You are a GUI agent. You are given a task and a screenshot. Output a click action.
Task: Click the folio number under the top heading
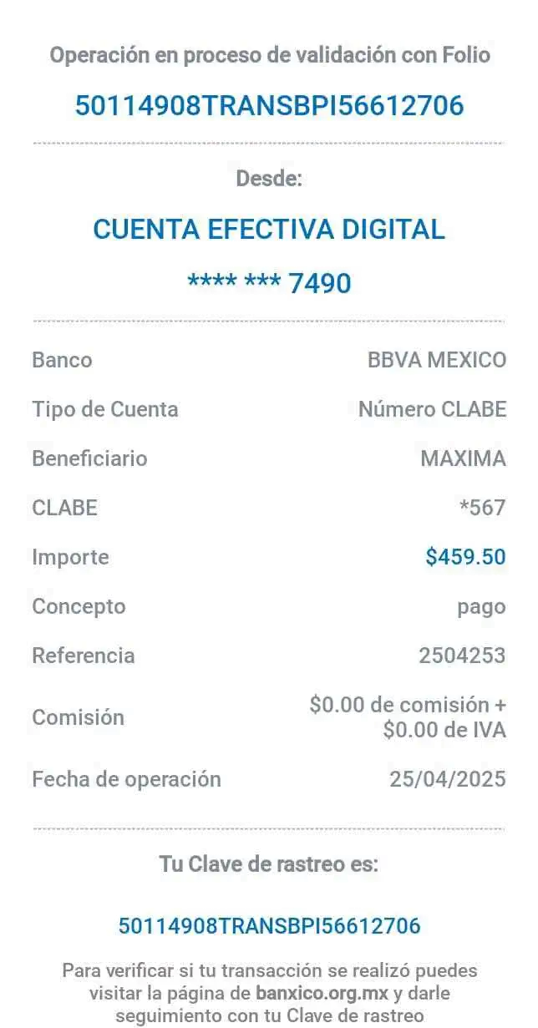[269, 106]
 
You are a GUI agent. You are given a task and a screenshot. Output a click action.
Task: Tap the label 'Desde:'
[269, 178]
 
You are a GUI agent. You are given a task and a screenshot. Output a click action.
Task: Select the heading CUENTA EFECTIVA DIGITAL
[269, 229]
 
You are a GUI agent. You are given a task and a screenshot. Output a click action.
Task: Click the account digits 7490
[320, 283]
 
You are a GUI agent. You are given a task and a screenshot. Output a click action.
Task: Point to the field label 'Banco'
[62, 361]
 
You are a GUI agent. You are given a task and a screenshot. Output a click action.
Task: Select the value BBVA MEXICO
[437, 361]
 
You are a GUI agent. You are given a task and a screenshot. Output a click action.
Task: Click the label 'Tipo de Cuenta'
[105, 409]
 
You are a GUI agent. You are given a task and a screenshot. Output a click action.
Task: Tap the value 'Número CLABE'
[432, 409]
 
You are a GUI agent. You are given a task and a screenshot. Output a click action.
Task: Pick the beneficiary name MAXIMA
[463, 458]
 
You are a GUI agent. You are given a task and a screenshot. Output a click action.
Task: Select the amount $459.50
[465, 556]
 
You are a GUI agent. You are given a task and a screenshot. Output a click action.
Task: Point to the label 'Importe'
[70, 556]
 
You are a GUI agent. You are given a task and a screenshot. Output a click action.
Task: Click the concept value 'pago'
[481, 606]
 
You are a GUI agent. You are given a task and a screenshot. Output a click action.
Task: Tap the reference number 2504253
[462, 656]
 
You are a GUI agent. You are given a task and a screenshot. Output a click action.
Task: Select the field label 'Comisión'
[78, 717]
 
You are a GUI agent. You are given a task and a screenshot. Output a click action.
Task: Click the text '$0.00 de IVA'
[444, 730]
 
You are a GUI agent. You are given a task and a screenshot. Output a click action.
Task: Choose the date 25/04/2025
[448, 779]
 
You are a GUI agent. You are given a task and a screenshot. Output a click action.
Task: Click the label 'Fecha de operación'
[126, 779]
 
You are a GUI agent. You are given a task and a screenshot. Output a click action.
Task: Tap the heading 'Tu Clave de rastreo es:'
[269, 865]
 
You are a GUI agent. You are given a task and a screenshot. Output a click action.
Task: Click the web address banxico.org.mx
[323, 994]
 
